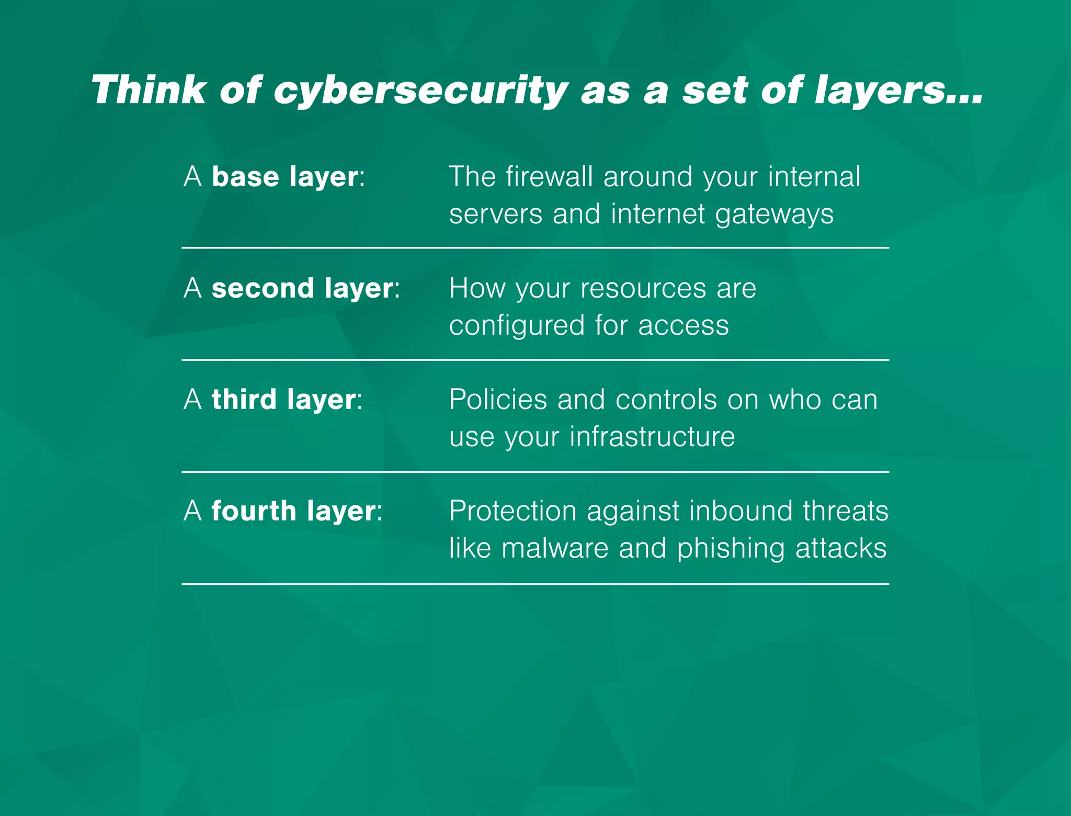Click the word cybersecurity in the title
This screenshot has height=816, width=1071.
[x=421, y=90]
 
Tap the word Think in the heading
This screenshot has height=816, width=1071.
[x=149, y=90]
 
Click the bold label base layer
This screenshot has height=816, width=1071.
[x=286, y=177]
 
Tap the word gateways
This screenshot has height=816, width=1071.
[x=774, y=214]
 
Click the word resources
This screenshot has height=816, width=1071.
[x=643, y=288]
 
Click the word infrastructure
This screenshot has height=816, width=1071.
[x=652, y=437]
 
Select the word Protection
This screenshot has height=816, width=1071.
[x=512, y=511]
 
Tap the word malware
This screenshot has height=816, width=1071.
[x=555, y=548]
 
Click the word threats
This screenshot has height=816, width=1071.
[x=846, y=511]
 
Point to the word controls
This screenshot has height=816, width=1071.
[x=666, y=400]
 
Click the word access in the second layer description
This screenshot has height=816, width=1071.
[x=683, y=326]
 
